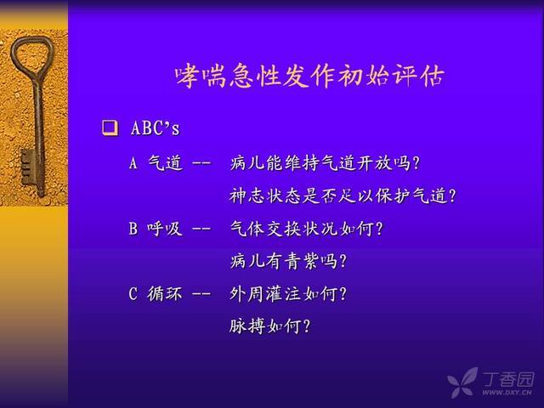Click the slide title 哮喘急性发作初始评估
coord(309,76)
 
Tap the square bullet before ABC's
coord(110,128)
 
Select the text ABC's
coord(155,128)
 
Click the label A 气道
coord(156,162)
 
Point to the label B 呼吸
coord(156,229)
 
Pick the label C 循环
coord(156,294)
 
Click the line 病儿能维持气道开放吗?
coord(325,162)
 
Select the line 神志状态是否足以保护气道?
coord(343,195)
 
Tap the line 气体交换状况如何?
coord(306,229)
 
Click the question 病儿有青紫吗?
coord(288,261)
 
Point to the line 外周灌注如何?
coord(288,294)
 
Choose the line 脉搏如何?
coord(270,326)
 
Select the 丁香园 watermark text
coord(508,379)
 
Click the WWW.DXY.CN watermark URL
coord(507,393)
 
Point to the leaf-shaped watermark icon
coord(462,382)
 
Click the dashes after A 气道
coord(201,163)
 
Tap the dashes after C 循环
coord(201,295)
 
